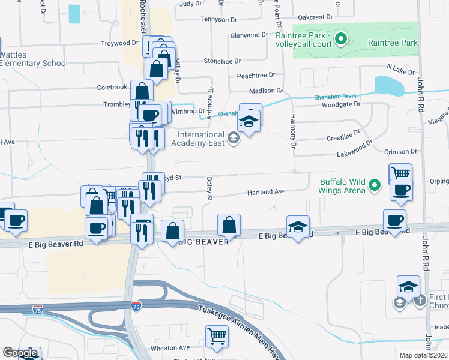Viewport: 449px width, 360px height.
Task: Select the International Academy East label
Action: click(197, 139)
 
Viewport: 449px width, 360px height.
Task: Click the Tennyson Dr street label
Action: click(200, 18)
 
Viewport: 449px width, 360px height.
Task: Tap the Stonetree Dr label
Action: click(222, 61)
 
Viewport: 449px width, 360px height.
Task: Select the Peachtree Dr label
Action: click(256, 76)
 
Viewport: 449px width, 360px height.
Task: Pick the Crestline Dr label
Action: click(344, 136)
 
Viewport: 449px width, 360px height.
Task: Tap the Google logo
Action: click(20, 353)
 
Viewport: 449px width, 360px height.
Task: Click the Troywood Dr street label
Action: click(120, 43)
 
